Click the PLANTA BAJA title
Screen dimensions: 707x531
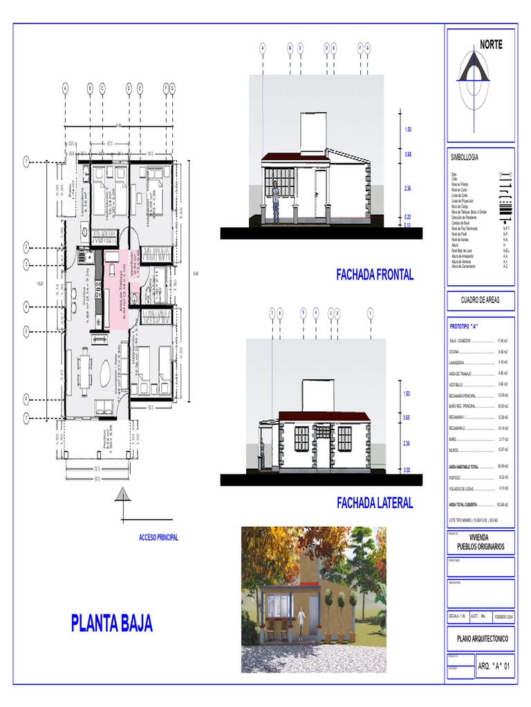click(x=111, y=623)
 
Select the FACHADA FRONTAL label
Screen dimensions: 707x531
click(x=375, y=275)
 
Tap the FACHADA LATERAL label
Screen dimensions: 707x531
click(x=375, y=503)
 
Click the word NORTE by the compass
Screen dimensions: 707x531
click(x=491, y=45)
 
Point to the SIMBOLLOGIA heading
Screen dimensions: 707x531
click(x=465, y=157)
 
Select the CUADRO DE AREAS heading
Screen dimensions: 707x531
click(x=480, y=300)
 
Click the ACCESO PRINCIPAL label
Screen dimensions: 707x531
click(x=158, y=537)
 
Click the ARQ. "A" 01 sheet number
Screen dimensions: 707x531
click(x=494, y=666)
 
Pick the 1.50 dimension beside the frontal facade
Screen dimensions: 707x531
click(x=408, y=130)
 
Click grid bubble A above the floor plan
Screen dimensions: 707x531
click(x=65, y=88)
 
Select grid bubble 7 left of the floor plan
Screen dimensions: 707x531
click(x=26, y=417)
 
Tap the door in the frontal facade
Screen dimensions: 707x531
click(x=320, y=193)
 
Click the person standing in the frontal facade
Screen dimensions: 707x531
click(x=275, y=202)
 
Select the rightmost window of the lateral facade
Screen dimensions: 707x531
click(x=344, y=437)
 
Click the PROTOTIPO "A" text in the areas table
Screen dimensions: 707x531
click(x=465, y=325)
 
